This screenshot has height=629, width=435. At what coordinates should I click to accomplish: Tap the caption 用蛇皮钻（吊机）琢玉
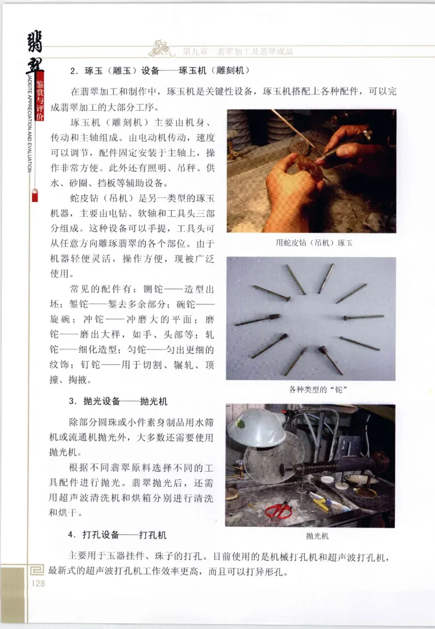(x=314, y=243)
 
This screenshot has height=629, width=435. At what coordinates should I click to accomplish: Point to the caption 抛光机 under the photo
(x=317, y=536)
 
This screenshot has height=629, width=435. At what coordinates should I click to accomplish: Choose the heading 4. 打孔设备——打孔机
(x=117, y=535)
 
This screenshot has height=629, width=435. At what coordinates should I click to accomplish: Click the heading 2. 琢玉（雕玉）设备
(x=160, y=70)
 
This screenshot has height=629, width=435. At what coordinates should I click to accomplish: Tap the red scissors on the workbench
(x=278, y=510)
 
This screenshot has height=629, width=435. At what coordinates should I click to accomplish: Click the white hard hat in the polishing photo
(x=257, y=428)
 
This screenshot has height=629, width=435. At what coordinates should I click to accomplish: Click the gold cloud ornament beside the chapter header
(x=163, y=49)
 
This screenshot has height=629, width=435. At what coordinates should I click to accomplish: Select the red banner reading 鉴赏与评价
(x=39, y=101)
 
